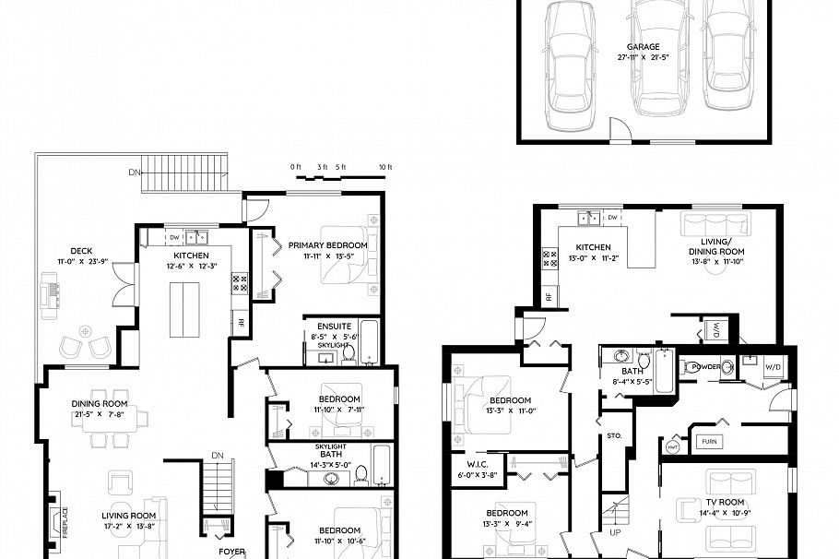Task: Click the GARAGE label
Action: click(x=643, y=46)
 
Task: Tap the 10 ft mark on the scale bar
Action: click(x=384, y=167)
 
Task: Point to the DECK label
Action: click(x=80, y=251)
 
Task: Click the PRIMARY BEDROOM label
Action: click(x=327, y=244)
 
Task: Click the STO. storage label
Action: click(x=615, y=434)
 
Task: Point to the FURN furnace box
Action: click(x=708, y=440)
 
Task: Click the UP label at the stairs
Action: click(x=616, y=532)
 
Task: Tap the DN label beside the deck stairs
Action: click(x=134, y=172)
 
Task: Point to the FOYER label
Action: click(x=231, y=553)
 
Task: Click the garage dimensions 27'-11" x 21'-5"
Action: click(x=643, y=57)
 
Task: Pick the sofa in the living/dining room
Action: click(x=716, y=223)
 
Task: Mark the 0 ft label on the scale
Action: click(x=296, y=167)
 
